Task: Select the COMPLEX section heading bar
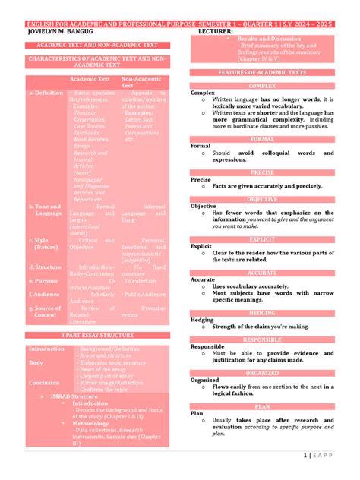point(262,86)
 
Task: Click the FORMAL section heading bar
point(262,139)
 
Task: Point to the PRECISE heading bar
point(262,172)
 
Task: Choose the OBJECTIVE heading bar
point(262,199)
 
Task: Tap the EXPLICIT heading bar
point(262,239)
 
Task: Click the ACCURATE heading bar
point(262,273)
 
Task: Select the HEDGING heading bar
point(262,312)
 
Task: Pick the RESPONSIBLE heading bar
point(262,339)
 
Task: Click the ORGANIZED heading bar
point(262,373)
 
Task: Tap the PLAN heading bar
point(262,406)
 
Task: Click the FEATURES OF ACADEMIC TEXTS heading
point(262,72)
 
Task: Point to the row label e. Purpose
point(45,280)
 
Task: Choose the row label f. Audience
point(46,293)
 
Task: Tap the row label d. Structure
point(46,267)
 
